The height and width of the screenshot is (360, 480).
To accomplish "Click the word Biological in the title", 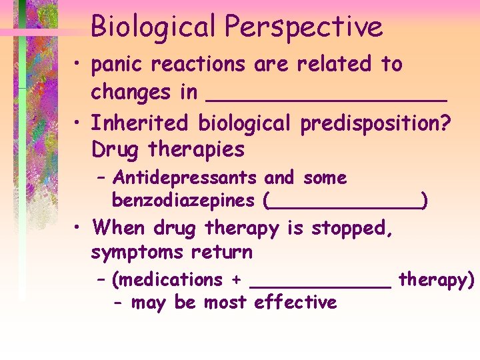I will coord(153,27).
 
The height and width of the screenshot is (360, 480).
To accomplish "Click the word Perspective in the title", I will coord(303,27).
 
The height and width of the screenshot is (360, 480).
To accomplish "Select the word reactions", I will coord(200,65).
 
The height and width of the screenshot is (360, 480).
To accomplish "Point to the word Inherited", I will coord(141,123).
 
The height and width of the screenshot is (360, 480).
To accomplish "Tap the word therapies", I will coord(197,149).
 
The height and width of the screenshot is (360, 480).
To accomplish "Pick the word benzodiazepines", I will coord(183,200).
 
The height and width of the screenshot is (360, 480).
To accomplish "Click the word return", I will coord(222,253).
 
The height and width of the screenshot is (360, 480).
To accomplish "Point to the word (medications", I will coord(167,280).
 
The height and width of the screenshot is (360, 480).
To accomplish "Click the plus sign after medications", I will coord(235,280).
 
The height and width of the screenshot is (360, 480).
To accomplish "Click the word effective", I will coord(296,303).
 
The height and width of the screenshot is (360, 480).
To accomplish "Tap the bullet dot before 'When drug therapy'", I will coord(79,229).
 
